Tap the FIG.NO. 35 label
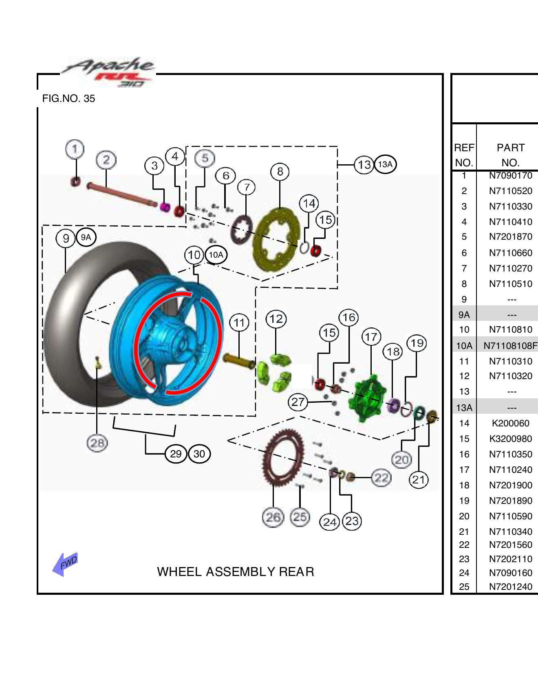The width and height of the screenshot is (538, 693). click(x=68, y=99)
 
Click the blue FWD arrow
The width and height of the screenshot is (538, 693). click(x=65, y=564)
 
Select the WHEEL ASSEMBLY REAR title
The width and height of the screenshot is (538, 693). click(x=236, y=572)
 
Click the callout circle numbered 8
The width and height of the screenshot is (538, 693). click(x=280, y=172)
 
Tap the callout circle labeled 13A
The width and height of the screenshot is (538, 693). click(x=385, y=164)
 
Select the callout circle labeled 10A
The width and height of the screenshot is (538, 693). click(x=216, y=255)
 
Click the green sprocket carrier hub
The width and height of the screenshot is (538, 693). click(x=367, y=398)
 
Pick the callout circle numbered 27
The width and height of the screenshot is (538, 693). click(x=298, y=402)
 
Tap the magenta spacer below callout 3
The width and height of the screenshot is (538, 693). click(x=165, y=207)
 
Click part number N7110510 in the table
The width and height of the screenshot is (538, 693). click(x=510, y=284)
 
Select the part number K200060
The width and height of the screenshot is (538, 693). click(x=510, y=423)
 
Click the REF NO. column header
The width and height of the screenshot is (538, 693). click(x=464, y=155)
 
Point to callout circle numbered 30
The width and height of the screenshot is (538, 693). click(x=199, y=454)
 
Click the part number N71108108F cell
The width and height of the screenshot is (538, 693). click(x=510, y=346)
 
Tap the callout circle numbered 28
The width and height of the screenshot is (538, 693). click(x=97, y=443)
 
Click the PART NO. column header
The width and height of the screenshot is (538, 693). click(x=510, y=155)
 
